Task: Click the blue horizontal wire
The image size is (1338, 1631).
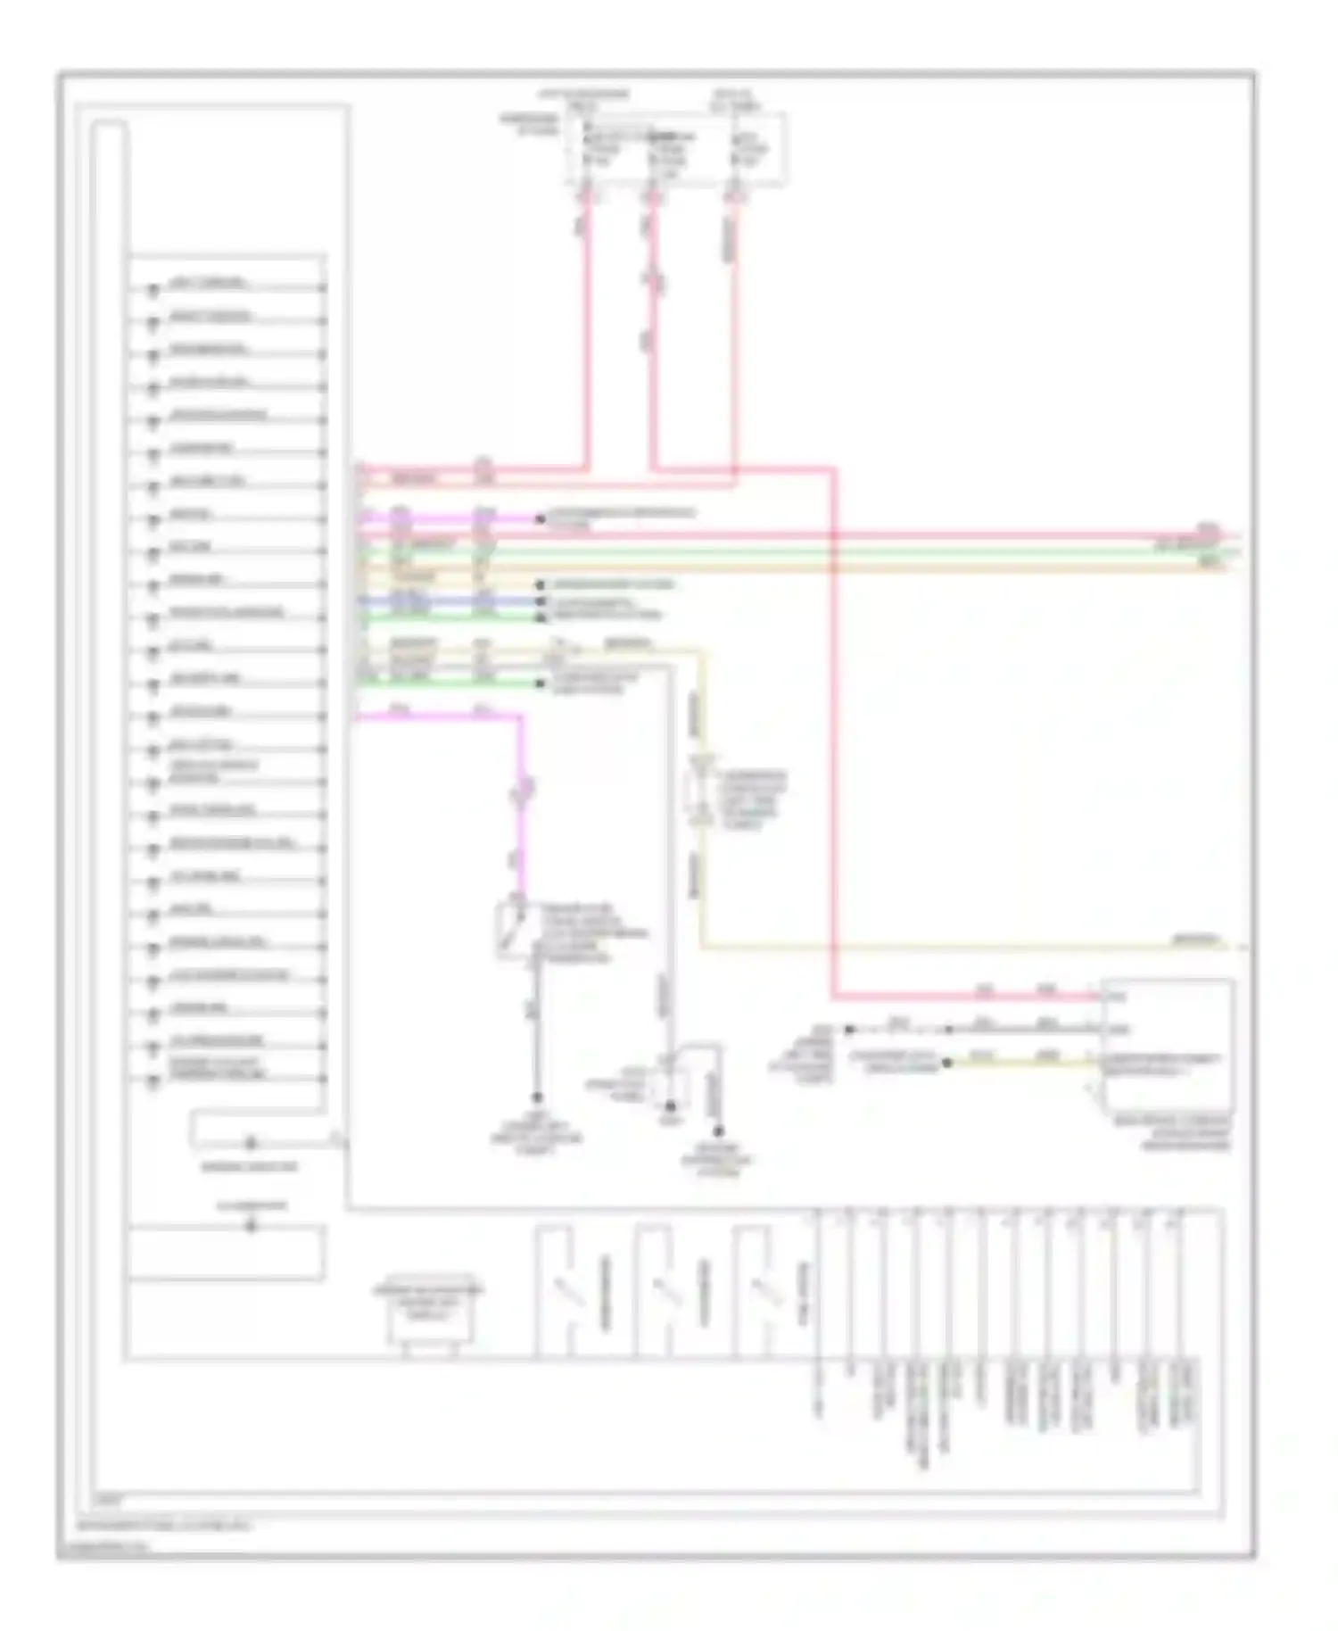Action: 446,601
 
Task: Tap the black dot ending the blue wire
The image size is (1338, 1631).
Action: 540,601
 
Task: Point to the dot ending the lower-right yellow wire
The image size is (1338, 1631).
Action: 947,1063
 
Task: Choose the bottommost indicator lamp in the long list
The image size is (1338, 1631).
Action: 153,1079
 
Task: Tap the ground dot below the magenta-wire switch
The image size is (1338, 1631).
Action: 538,1097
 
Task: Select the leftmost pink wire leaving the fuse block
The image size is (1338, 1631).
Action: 588,339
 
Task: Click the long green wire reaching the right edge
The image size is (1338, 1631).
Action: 803,552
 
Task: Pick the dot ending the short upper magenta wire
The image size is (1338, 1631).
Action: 540,518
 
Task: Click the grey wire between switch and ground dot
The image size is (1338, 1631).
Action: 538,1026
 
